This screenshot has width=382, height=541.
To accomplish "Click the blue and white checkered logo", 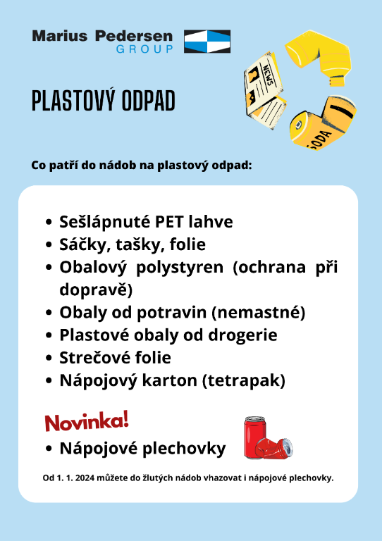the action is point(207,42).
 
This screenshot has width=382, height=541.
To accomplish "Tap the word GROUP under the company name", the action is point(144,49).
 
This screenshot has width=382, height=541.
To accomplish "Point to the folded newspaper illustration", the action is point(265,90).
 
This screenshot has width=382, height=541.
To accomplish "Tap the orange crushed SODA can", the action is point(323,123).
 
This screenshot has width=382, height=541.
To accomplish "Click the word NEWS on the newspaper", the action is point(268,75).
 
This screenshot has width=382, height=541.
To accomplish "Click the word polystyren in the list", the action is point(180,268).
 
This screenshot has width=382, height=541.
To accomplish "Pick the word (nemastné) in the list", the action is point(258,313).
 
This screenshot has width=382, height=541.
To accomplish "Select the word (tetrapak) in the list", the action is point(244,381).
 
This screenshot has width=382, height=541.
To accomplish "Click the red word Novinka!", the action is point(87,421).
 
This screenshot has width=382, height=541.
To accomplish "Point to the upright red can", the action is point(254,437).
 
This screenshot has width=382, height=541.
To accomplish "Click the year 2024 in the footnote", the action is point(85,478).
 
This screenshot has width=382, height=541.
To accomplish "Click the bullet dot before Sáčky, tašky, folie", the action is point(49,245).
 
